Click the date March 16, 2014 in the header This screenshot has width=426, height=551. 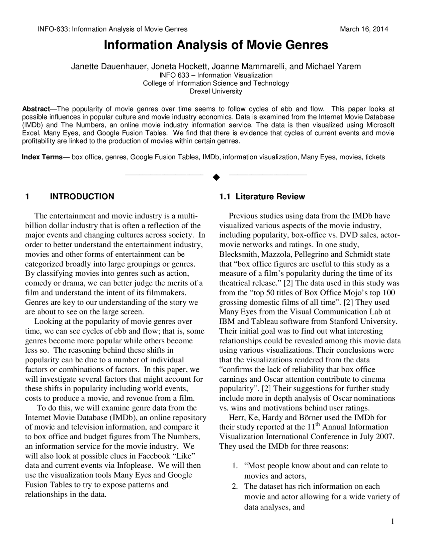pyautogui.click(x=364, y=29)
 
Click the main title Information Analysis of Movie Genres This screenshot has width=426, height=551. pyautogui.click(x=216, y=45)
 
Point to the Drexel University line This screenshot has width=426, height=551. pyautogui.click(x=216, y=91)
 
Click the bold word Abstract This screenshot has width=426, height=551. pyautogui.click(x=35, y=109)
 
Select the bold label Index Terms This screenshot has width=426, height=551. pyautogui.click(x=42, y=157)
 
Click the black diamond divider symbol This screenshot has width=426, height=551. pyautogui.click(x=216, y=177)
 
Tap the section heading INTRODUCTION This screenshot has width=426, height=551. pyautogui.click(x=82, y=197)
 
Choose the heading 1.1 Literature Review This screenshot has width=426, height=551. pyautogui.click(x=262, y=197)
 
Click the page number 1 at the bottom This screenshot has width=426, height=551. pyautogui.click(x=392, y=521)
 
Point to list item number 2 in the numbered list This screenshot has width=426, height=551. pyautogui.click(x=235, y=486)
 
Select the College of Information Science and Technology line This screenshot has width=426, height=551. pyautogui.click(x=216, y=83)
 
